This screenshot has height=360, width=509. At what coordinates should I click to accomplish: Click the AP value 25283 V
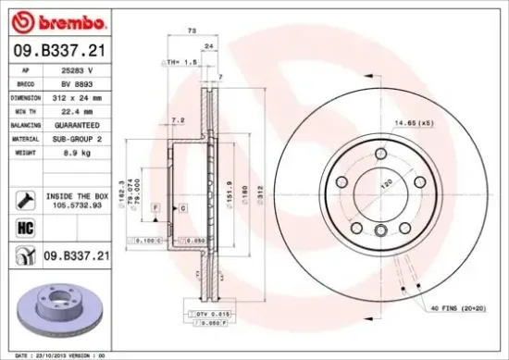click(x=76, y=69)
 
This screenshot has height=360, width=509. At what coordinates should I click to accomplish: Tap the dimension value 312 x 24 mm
click(x=76, y=96)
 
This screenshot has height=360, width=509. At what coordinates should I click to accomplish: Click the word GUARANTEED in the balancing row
click(x=76, y=124)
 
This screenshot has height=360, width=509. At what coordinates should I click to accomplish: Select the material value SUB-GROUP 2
click(x=76, y=138)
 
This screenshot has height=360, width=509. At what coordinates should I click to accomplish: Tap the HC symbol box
click(x=26, y=226)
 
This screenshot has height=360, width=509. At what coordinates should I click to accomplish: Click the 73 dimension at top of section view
click(x=192, y=31)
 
